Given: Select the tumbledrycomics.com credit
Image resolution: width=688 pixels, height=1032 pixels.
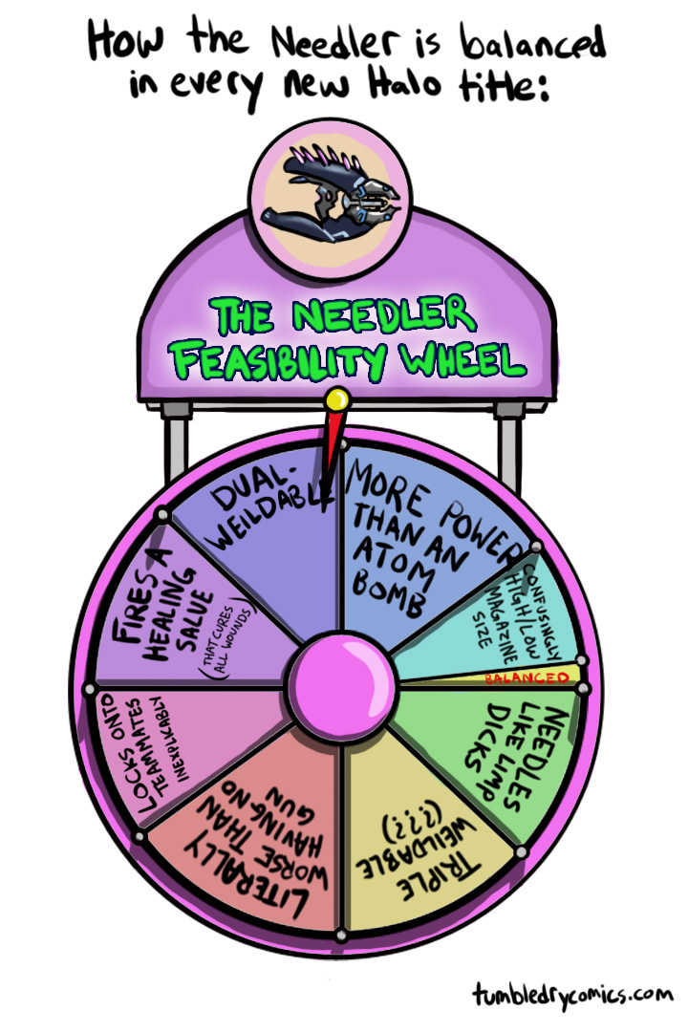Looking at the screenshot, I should (x=574, y=995).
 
